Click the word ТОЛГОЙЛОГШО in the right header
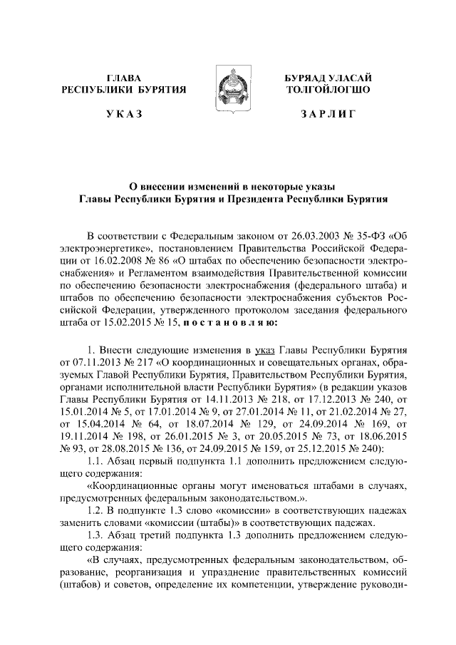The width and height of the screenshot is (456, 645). point(327,89)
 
